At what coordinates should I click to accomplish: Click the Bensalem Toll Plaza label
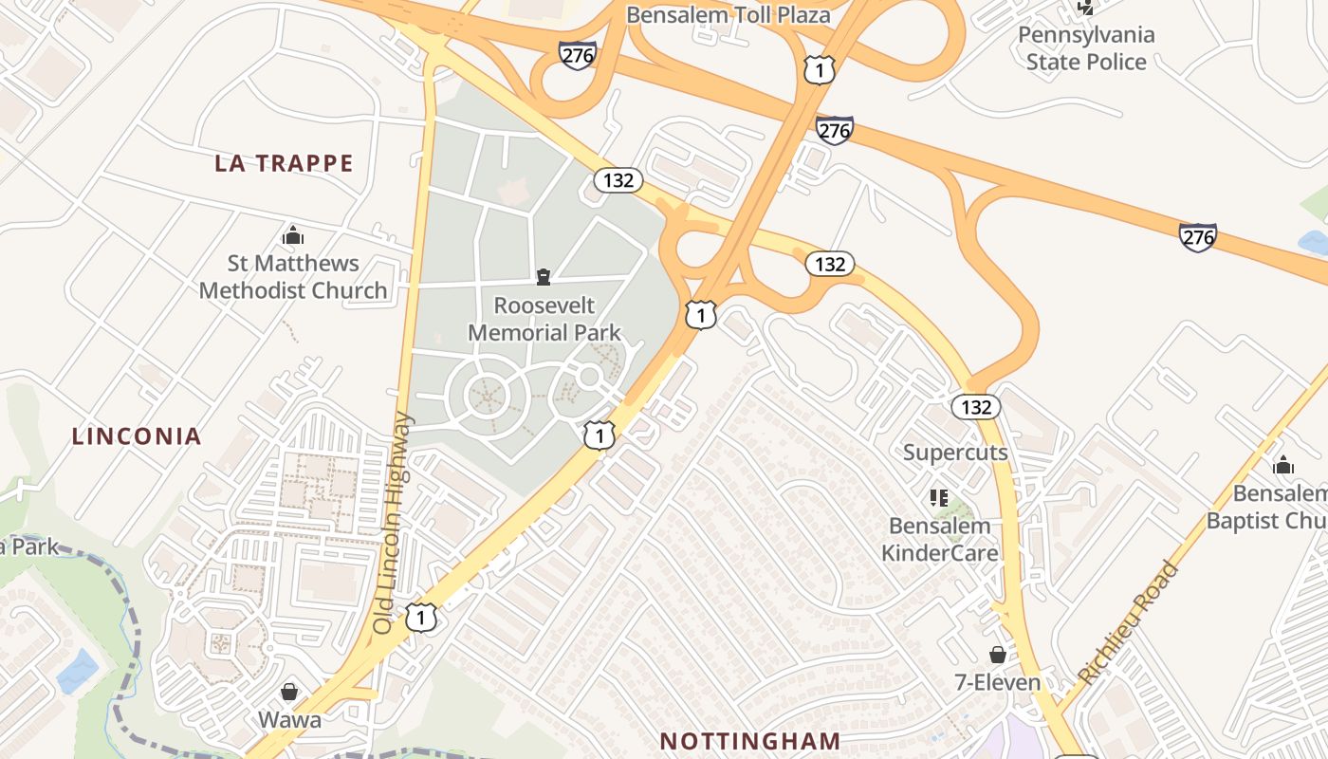click(x=729, y=15)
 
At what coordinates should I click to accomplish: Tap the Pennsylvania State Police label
click(x=1086, y=48)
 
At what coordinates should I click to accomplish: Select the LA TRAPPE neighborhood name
click(x=284, y=163)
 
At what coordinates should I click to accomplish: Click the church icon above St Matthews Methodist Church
click(x=293, y=235)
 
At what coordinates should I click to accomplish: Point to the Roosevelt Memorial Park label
click(x=544, y=319)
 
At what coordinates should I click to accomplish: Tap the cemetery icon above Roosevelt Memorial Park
click(x=544, y=277)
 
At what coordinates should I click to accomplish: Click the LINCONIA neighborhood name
click(x=138, y=436)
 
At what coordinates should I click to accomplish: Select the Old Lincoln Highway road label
click(x=393, y=523)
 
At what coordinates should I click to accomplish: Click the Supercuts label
click(x=955, y=452)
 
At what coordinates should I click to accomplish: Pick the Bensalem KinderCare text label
click(x=940, y=539)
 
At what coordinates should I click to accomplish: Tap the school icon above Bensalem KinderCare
click(x=940, y=497)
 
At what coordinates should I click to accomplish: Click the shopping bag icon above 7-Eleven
click(x=998, y=655)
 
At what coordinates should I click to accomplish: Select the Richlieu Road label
click(x=1129, y=623)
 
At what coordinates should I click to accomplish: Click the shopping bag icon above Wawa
click(x=289, y=692)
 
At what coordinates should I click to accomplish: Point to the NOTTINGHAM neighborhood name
click(x=749, y=741)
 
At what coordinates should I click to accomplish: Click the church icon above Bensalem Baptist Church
click(x=1283, y=465)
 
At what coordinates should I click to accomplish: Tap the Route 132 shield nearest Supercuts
click(x=975, y=407)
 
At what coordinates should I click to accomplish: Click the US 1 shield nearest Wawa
click(x=421, y=618)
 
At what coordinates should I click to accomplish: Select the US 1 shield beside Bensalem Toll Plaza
click(x=820, y=68)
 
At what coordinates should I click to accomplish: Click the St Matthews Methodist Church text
click(x=293, y=277)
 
